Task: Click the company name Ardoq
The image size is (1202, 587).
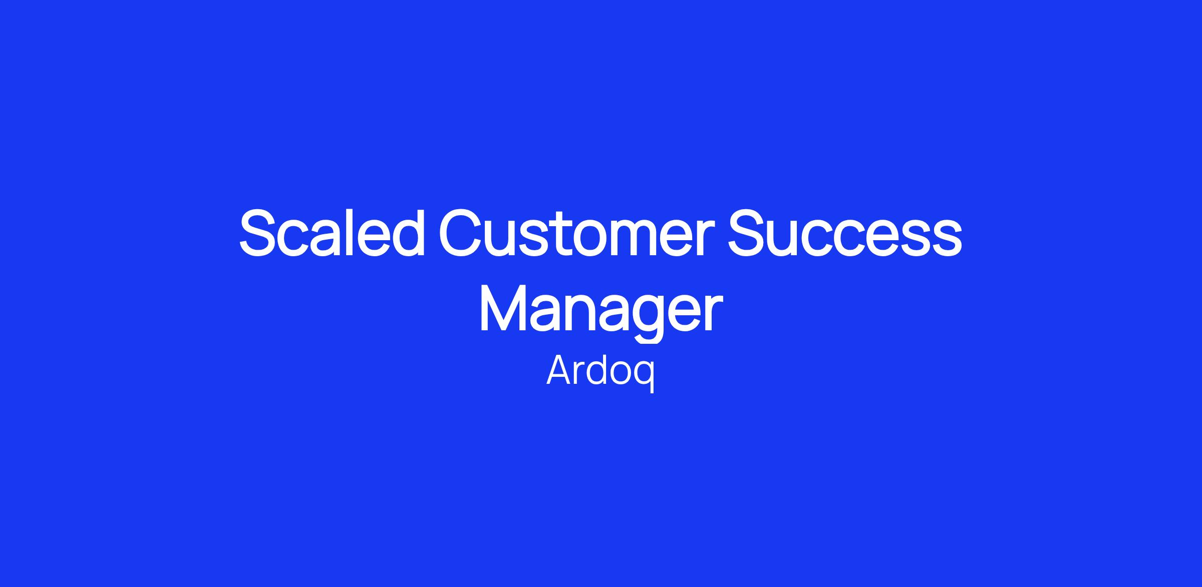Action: (600, 373)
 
